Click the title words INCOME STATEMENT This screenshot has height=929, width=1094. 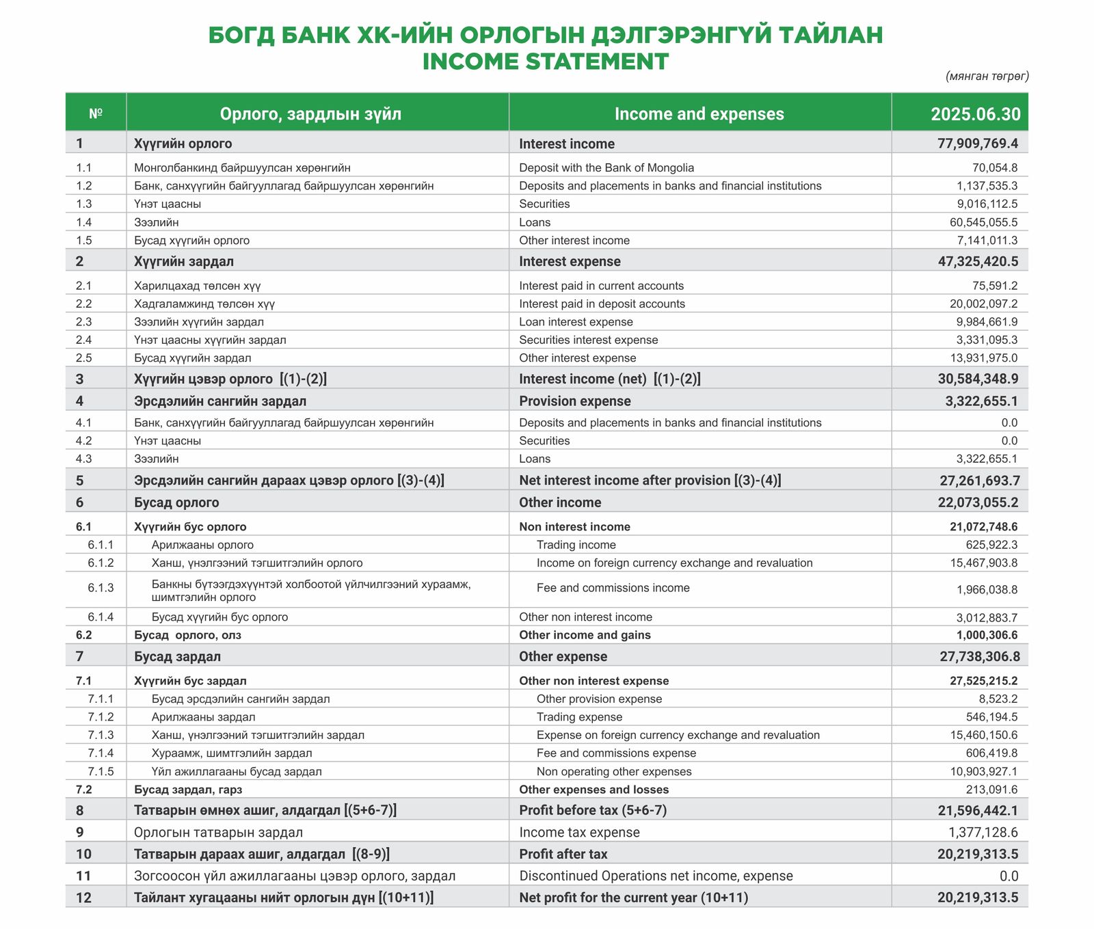pyautogui.click(x=545, y=62)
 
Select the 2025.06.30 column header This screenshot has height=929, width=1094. pyautogui.click(x=975, y=114)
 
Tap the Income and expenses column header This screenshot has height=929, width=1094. pyautogui.click(x=699, y=114)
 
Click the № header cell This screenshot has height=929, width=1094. pyautogui.click(x=96, y=113)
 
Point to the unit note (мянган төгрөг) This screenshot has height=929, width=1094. pyautogui.click(x=987, y=76)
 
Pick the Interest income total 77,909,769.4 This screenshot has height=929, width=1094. pyautogui.click(x=978, y=144)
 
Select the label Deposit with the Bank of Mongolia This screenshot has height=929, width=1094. pyautogui.click(x=606, y=167)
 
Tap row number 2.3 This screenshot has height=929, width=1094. pyautogui.click(x=84, y=322)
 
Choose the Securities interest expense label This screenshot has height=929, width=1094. pyautogui.click(x=588, y=340)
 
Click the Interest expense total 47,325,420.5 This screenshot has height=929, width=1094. pyautogui.click(x=978, y=262)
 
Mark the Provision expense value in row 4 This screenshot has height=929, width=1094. pyautogui.click(x=981, y=401)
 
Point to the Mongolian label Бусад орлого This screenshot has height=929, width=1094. pyautogui.click(x=176, y=502)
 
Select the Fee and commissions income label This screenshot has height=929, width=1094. pyautogui.click(x=613, y=588)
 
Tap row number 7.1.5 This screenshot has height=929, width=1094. pyautogui.click(x=101, y=771)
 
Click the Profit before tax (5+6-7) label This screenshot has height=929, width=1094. pyautogui.click(x=592, y=810)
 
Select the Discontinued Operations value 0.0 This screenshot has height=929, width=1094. pyautogui.click(x=1009, y=876)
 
